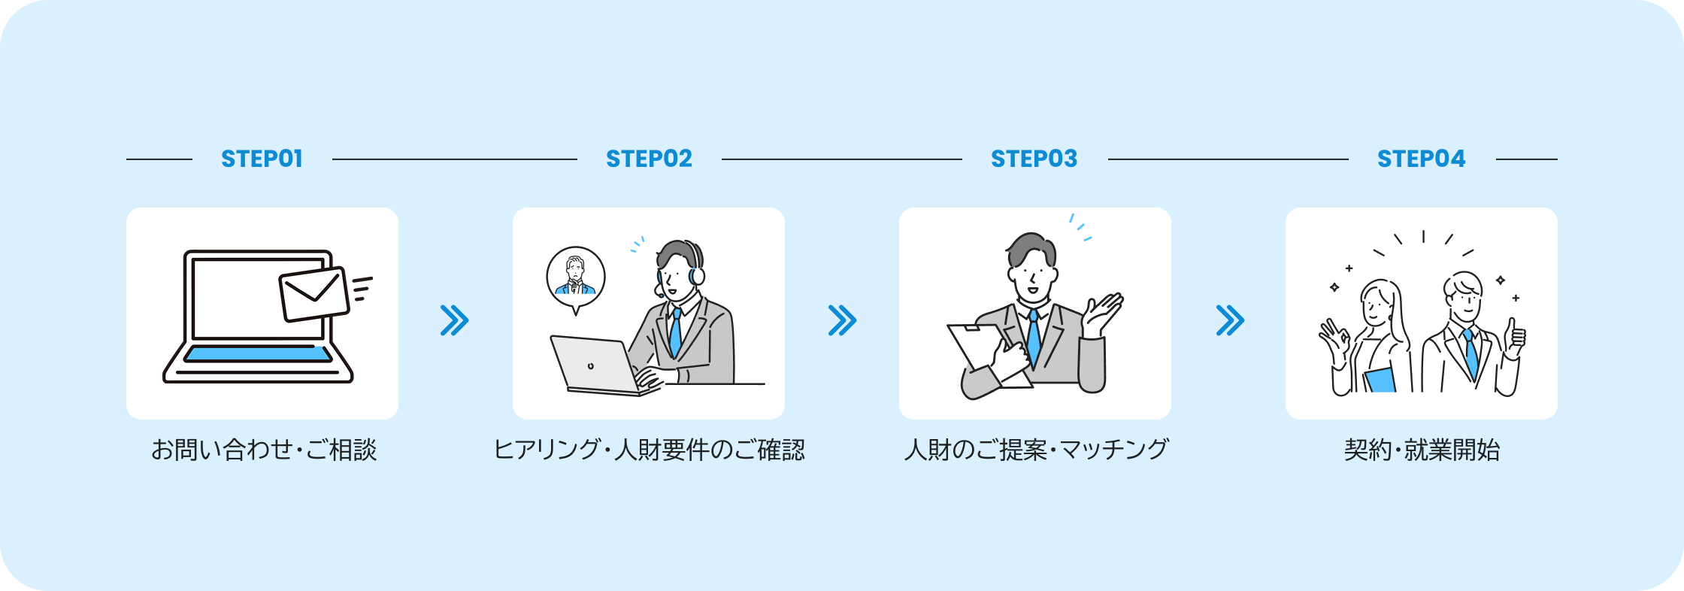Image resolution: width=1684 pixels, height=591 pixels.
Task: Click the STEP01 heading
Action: click(x=262, y=159)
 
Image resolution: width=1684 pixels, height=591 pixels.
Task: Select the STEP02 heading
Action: click(x=649, y=159)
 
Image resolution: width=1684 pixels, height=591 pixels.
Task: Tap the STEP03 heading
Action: click(x=1034, y=159)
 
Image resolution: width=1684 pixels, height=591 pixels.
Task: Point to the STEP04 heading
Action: click(x=1421, y=159)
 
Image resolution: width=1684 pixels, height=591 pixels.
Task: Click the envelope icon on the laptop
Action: click(x=314, y=294)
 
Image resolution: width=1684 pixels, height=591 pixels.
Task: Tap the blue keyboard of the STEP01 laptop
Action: click(x=258, y=354)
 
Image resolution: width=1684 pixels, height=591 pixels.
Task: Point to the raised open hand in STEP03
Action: click(x=1101, y=314)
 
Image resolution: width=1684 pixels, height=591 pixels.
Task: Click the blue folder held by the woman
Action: click(x=1380, y=380)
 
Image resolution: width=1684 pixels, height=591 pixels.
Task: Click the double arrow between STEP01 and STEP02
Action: click(x=454, y=320)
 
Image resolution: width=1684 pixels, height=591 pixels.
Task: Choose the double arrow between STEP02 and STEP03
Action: click(x=842, y=320)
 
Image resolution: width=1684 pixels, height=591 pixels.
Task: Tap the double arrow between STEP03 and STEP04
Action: click(x=1230, y=320)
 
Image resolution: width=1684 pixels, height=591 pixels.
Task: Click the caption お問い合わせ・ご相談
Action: click(x=263, y=450)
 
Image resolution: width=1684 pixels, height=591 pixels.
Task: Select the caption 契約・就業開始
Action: click(x=1422, y=450)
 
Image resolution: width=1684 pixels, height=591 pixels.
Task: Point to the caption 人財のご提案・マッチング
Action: click(x=1036, y=450)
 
